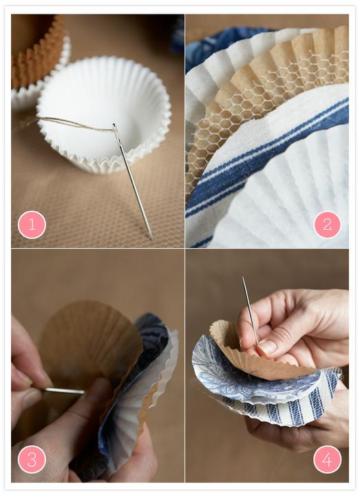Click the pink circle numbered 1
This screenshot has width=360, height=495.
32,224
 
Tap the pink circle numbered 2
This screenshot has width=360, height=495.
327,224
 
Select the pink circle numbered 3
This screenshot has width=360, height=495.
32,459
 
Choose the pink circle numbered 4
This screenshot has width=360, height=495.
327,459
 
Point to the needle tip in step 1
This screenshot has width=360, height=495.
151,238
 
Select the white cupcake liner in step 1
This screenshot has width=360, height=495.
103,114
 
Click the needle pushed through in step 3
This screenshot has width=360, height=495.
63,392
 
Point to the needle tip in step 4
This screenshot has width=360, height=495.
243,278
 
